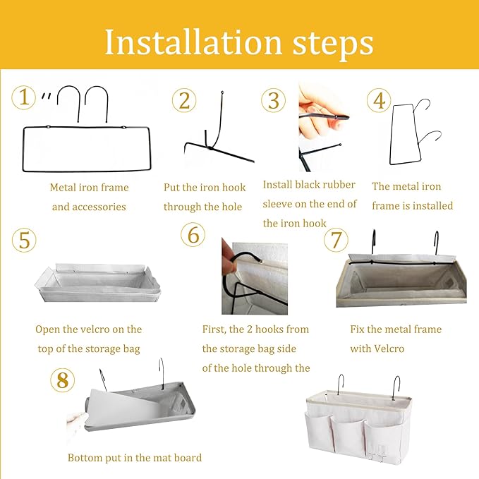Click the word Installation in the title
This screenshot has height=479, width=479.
[x=193, y=42]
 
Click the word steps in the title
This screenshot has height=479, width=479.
[x=333, y=45]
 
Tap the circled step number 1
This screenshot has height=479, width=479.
[x=23, y=97]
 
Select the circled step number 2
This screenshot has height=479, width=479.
[x=184, y=100]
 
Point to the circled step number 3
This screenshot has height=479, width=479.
[x=274, y=100]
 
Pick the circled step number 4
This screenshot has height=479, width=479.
[x=379, y=100]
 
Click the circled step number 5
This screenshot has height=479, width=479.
[x=24, y=240]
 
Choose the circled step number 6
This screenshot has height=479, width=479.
[x=193, y=235]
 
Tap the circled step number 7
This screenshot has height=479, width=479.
[x=336, y=240]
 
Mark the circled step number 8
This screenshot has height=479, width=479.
[x=62, y=380]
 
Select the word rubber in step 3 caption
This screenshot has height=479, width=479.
[x=340, y=185]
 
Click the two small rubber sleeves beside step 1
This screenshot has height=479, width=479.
[x=46, y=96]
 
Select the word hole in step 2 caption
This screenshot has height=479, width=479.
[x=232, y=207]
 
